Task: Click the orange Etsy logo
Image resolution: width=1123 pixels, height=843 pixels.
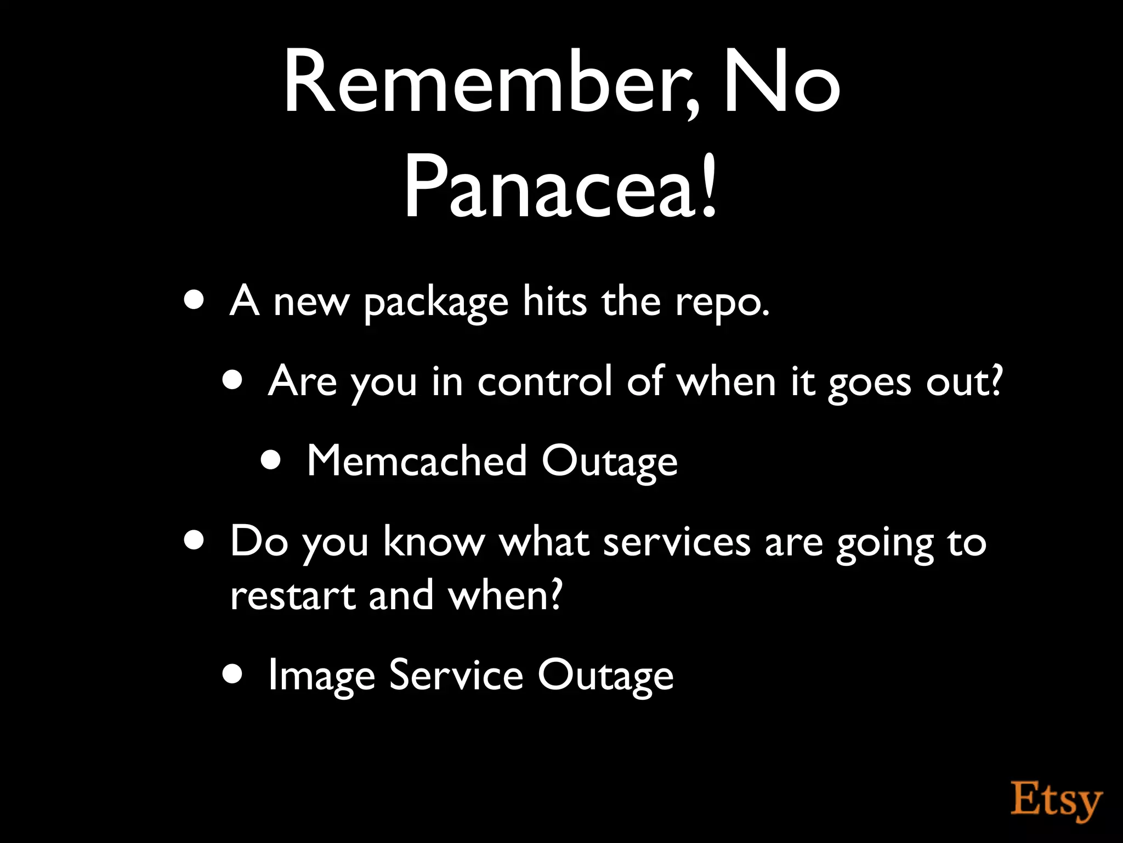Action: point(1056,802)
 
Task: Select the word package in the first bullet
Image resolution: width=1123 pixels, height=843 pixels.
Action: point(436,303)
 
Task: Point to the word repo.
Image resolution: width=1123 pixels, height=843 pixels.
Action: point(722,303)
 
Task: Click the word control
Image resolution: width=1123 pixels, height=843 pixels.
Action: point(544,381)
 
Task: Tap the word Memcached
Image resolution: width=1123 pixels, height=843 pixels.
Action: point(417,461)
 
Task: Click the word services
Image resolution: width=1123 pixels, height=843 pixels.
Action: point(677,542)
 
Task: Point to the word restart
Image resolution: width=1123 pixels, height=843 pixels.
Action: point(293,595)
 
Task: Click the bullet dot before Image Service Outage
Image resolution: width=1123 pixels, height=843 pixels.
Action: point(232,674)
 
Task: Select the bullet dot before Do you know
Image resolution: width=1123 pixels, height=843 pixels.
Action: point(195,540)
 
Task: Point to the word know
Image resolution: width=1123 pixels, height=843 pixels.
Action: point(434,542)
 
